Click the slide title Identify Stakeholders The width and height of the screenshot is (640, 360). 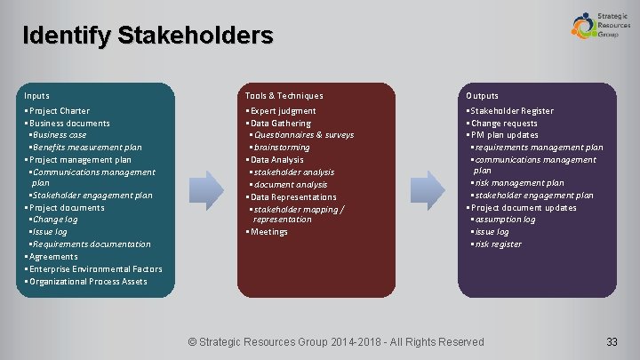tap(148, 36)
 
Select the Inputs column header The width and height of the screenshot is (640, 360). tap(37, 96)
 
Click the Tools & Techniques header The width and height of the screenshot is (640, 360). tap(284, 96)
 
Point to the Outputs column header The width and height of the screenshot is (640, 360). tap(482, 96)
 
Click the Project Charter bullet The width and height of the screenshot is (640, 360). tap(59, 111)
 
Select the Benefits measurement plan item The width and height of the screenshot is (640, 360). tap(86, 148)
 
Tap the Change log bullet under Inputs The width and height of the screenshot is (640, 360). tap(55, 220)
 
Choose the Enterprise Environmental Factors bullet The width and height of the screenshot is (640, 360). tap(94, 269)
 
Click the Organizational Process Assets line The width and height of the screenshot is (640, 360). tap(87, 282)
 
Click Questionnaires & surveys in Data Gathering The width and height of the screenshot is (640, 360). tap(303, 135)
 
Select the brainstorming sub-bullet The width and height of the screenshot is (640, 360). tap(281, 148)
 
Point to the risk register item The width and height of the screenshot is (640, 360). tap(498, 244)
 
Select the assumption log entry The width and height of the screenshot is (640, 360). tap(504, 220)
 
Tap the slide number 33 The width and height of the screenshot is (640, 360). tap(612, 342)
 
